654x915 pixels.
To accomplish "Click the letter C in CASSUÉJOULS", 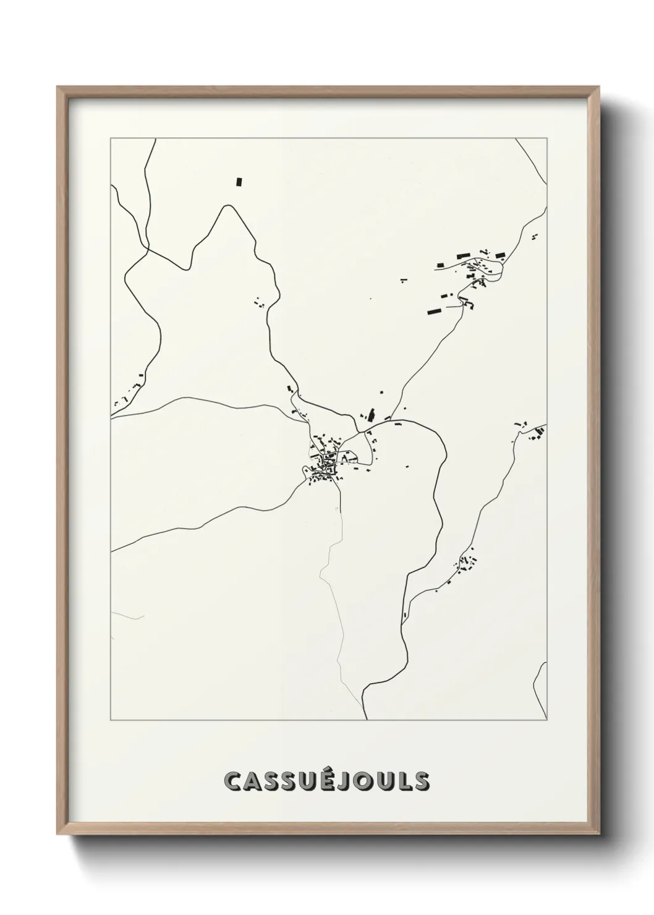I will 234,781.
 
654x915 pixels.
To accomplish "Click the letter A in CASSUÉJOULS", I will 254,781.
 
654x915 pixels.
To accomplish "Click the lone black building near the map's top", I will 239,182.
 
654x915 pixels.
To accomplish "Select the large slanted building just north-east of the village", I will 372,414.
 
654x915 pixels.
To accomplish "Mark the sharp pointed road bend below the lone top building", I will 228,207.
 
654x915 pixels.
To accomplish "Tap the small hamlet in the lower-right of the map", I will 467,563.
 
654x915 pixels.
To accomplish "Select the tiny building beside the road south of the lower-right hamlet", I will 405,615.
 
